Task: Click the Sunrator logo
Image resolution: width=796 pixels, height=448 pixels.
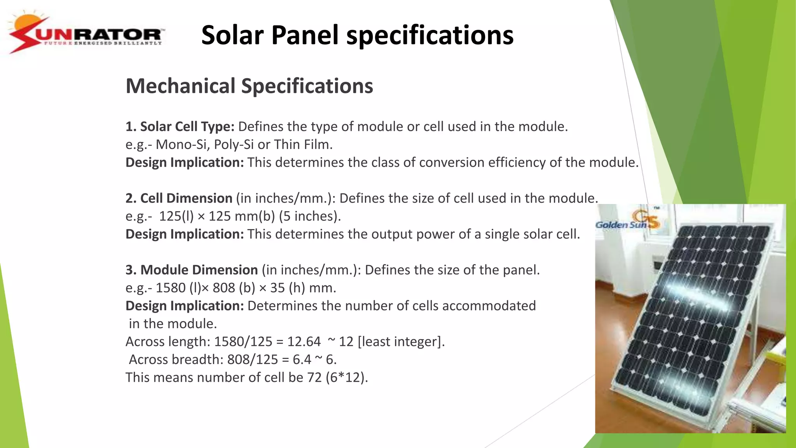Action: [x=86, y=34]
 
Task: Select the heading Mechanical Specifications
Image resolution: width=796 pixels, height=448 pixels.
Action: [x=249, y=86]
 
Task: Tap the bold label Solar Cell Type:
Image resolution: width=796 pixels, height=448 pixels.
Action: [x=180, y=126]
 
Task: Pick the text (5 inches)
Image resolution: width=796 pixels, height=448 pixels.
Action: [x=310, y=216]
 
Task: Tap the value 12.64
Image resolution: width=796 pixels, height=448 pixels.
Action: [x=304, y=341]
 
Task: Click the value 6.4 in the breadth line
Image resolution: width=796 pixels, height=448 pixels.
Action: [x=302, y=359]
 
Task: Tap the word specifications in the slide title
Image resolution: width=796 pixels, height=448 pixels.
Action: [x=430, y=35]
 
